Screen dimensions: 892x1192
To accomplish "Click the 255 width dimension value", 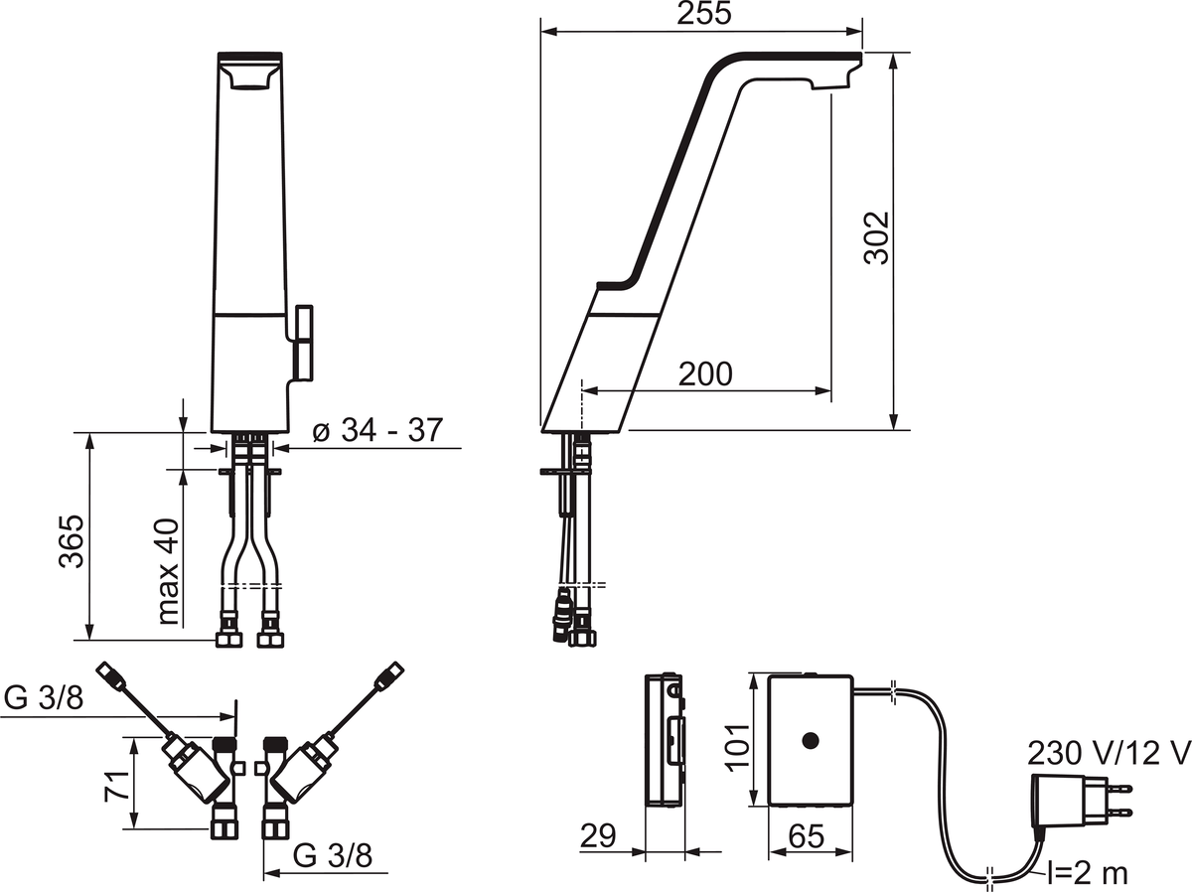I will (x=705, y=14).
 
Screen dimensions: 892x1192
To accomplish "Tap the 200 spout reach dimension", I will (x=705, y=373).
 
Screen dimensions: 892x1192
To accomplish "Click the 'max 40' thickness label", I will (x=169, y=571).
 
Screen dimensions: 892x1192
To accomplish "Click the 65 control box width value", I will (x=809, y=836).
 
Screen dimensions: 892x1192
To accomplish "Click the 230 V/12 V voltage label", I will (x=1109, y=752).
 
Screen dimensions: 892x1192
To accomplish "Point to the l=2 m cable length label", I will (x=1086, y=873).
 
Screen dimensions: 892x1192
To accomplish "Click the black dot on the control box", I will (x=810, y=740).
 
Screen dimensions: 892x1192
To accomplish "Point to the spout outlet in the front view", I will (x=249, y=79).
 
